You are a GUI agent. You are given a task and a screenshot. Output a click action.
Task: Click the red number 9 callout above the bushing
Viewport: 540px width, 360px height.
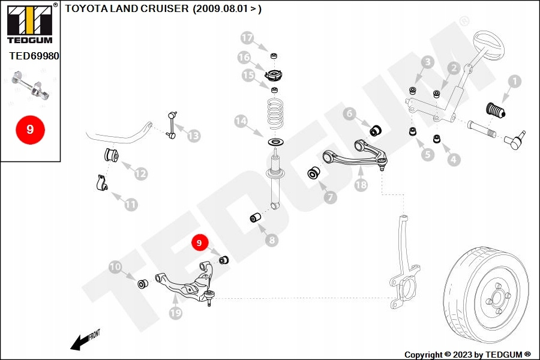coord(199,243)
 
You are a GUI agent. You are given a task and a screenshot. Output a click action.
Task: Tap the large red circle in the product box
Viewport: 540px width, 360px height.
coord(31,130)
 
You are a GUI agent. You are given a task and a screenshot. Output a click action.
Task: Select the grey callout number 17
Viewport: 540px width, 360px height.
coord(247,38)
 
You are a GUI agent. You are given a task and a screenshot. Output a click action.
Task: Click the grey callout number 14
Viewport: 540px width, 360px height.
coord(241,121)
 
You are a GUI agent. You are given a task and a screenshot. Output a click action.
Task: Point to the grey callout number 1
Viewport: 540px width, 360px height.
coord(515,82)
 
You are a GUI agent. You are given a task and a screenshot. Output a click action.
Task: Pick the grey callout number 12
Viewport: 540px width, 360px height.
coord(140,173)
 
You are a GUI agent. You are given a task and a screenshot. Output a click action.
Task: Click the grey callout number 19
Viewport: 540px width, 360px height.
coord(175,313)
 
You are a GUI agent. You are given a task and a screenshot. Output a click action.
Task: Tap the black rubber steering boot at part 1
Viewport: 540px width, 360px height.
coord(495,110)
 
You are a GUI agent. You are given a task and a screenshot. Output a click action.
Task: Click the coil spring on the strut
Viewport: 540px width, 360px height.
coord(275,113)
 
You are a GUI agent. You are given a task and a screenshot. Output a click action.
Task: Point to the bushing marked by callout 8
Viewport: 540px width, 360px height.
coord(255,218)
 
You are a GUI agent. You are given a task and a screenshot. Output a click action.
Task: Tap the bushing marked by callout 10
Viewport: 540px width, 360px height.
coord(143,284)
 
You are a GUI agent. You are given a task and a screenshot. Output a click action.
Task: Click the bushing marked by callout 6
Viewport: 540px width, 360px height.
coord(376,130)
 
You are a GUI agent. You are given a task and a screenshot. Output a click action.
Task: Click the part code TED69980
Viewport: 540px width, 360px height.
coord(34,56)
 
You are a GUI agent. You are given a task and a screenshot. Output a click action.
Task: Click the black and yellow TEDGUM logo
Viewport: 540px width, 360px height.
coord(31,23)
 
